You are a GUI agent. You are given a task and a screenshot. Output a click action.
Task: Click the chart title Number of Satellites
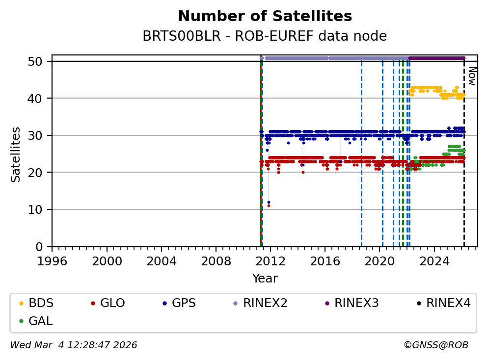[265, 16]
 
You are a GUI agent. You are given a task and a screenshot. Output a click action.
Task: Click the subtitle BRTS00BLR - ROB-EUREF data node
[265, 36]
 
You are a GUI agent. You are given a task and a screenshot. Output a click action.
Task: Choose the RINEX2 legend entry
[265, 303]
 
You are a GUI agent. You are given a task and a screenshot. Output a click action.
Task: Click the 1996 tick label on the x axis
[53, 260]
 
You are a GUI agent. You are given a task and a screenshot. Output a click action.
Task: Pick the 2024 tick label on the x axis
[434, 260]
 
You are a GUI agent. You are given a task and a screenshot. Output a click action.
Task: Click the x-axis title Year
[265, 279]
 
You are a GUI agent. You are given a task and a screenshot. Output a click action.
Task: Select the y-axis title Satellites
[16, 154]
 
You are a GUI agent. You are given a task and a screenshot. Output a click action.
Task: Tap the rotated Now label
[471, 76]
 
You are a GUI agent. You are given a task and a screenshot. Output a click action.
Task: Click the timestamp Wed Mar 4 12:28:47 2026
[74, 345]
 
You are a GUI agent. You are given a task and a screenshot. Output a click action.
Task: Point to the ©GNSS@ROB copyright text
[436, 345]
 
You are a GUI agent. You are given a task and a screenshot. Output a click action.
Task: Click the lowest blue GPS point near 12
[269, 202]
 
